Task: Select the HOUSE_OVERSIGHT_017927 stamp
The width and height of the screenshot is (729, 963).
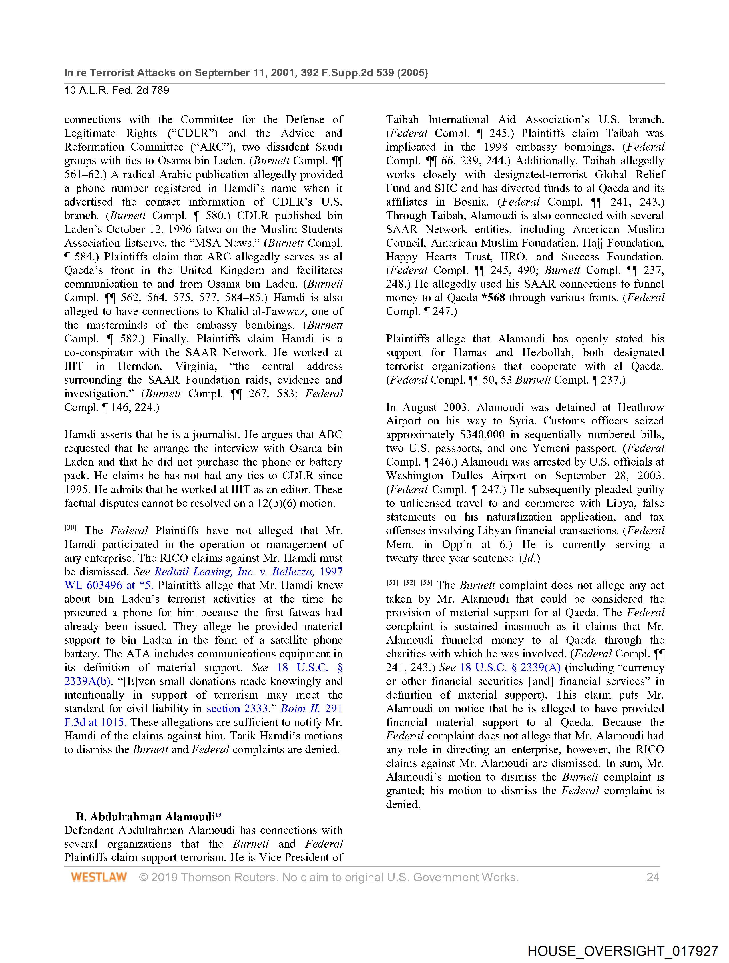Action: tap(622, 950)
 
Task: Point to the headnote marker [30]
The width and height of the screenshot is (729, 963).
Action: tap(71, 528)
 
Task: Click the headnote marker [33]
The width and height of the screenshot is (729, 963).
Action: tap(426, 583)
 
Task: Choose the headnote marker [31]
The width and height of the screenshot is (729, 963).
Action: tap(392, 583)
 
